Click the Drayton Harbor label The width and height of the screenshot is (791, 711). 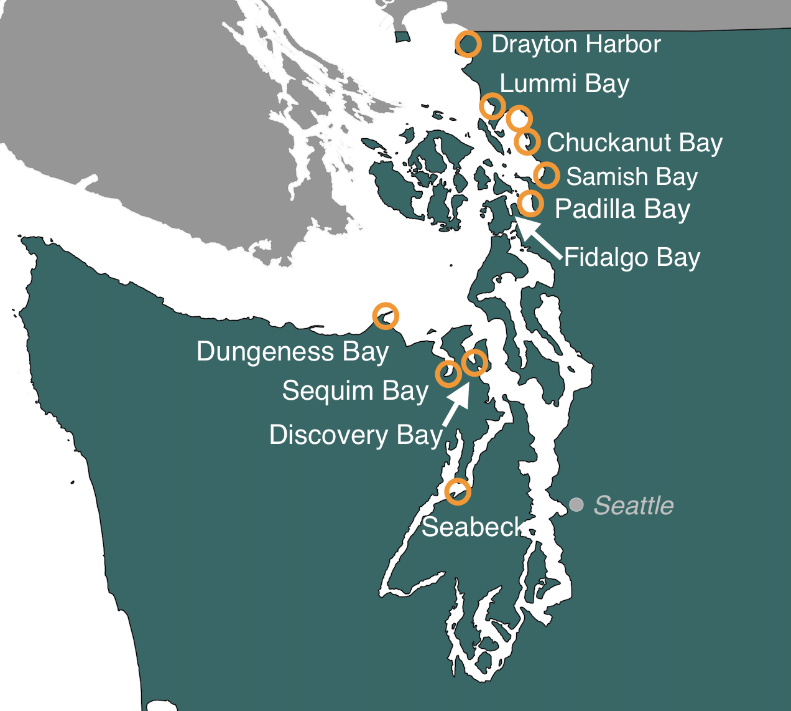coord(576,44)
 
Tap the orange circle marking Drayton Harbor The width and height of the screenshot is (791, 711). coord(468,44)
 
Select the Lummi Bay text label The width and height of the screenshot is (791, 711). coord(565,83)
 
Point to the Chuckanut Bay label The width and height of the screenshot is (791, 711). coord(634,143)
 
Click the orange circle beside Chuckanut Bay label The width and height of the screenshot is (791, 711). coord(527,141)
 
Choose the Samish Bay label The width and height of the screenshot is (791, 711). coord(632,177)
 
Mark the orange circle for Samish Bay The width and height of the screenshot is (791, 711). coord(547,175)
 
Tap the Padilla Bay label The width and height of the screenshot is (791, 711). coord(622,209)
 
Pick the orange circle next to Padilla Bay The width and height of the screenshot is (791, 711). coord(530,203)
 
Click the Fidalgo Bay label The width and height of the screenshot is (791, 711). coord(632,257)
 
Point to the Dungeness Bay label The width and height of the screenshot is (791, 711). coord(292,352)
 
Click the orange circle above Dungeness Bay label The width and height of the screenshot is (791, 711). coord(385,316)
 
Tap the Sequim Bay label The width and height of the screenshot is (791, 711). coord(355,391)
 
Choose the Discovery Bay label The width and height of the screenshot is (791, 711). coord(356,435)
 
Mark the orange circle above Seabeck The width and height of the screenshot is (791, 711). coord(458,492)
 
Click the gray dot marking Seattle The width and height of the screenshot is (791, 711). coord(576,504)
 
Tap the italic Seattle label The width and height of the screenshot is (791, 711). coord(634,506)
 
